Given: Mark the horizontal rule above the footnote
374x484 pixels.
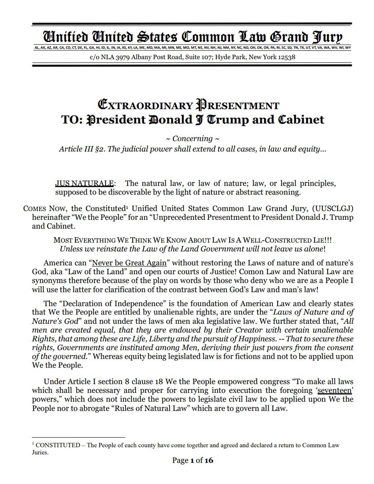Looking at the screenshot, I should pos(79,437).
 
